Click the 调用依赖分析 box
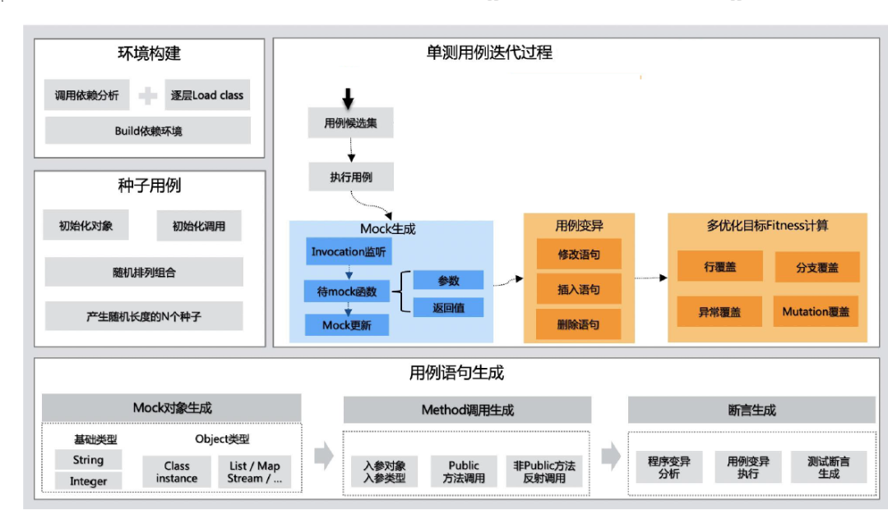86,95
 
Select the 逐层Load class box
206,95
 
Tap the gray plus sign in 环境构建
148,96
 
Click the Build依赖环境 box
148,131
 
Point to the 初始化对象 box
86,226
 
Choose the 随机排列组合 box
144,272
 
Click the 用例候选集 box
351,123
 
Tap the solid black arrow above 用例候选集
348,99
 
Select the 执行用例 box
351,177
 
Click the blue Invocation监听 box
348,252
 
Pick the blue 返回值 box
448,308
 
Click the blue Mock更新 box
346,325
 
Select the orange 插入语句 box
578,289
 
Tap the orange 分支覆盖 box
816,268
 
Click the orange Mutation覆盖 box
816,312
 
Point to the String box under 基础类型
88,460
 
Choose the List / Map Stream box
255,472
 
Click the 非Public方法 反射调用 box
544,471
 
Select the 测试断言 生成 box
829,468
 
